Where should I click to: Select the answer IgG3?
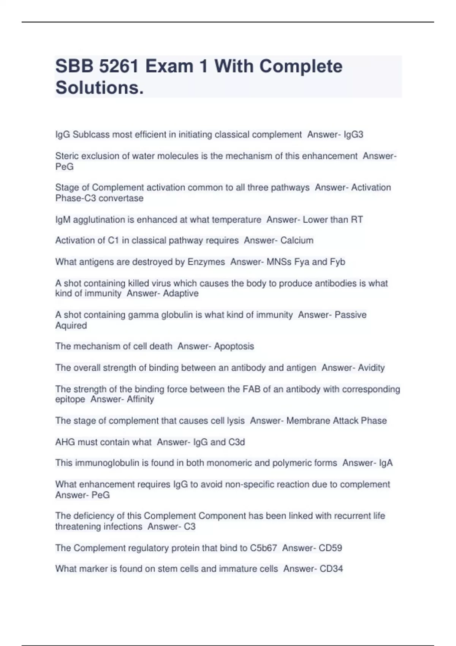click(x=353, y=135)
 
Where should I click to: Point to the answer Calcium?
click(x=297, y=241)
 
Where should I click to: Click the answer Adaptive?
click(x=180, y=293)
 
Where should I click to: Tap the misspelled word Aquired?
click(x=71, y=326)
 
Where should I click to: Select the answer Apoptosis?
click(x=234, y=347)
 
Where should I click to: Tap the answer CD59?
click(x=330, y=548)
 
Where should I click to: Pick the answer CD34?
click(x=331, y=569)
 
